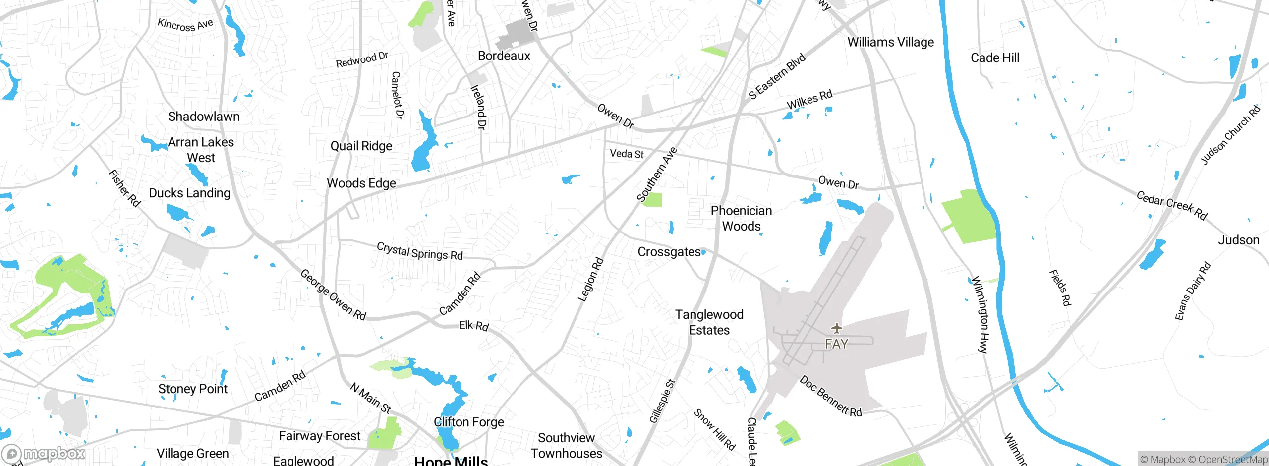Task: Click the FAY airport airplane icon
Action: click(837, 328)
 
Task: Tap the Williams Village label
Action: click(890, 42)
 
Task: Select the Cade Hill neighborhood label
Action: click(995, 58)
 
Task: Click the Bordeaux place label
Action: click(504, 56)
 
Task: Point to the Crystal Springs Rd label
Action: click(419, 251)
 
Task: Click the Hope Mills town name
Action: click(451, 461)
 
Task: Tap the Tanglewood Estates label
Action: click(709, 322)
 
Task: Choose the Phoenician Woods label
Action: click(741, 218)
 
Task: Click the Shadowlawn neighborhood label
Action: click(204, 116)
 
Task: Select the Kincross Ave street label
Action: click(185, 25)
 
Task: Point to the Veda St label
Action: click(627, 154)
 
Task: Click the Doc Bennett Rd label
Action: click(830, 397)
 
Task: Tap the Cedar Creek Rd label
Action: click(1171, 205)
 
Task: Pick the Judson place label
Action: click(1238, 240)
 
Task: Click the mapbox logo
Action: click(44, 454)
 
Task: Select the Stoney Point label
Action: click(192, 389)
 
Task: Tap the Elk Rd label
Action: click(473, 326)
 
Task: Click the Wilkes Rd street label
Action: click(809, 100)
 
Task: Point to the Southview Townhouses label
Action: click(566, 446)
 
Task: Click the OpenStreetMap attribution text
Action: click(1227, 460)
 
